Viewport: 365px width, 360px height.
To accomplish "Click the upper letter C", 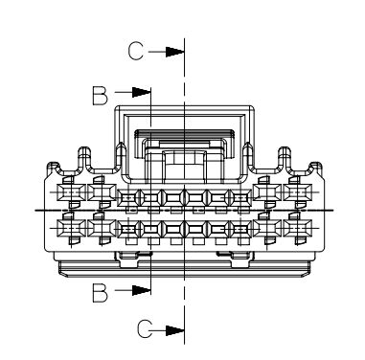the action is [135, 51].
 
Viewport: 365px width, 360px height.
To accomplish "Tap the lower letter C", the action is [145, 329].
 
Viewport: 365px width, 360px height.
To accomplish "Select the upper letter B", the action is [101, 95].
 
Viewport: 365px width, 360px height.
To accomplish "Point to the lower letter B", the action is [101, 293].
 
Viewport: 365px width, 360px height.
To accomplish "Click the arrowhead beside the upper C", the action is [175, 52].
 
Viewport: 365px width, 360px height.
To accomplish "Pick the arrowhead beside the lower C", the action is [175, 330].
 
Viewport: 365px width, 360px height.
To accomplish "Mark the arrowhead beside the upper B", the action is [142, 92].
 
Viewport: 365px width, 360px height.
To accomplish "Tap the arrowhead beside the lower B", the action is [142, 290].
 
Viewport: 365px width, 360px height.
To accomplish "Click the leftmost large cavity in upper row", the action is [71, 192].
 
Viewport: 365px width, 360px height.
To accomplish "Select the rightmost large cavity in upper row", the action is [297, 192].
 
